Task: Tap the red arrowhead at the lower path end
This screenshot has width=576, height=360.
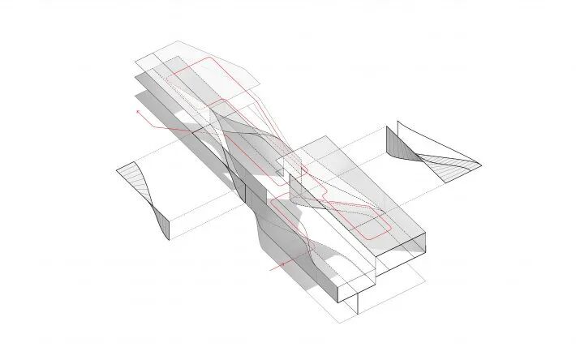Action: (x=281, y=264)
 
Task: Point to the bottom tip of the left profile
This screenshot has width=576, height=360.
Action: (x=169, y=240)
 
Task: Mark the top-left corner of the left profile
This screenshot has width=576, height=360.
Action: (x=118, y=168)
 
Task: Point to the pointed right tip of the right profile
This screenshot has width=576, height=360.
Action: (x=483, y=169)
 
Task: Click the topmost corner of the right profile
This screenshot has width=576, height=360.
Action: (x=397, y=122)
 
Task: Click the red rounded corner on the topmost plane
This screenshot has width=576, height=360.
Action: (x=209, y=59)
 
